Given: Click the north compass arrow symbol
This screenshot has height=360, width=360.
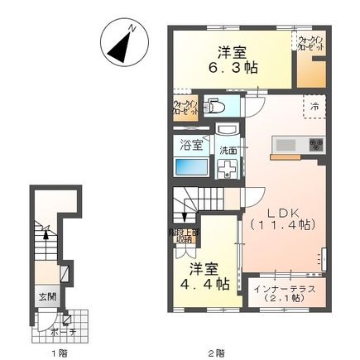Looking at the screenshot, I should [122, 44].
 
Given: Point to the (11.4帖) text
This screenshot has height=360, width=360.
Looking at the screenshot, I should [282, 224].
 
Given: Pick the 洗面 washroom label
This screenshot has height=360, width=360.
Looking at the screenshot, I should [228, 150].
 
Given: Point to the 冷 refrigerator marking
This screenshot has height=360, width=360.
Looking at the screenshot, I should [314, 105].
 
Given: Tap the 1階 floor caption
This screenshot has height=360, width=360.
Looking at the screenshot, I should [57, 353].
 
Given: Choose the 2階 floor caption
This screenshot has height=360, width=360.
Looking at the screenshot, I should [217, 353].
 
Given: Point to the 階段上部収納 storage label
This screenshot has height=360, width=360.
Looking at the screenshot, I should [184, 235].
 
